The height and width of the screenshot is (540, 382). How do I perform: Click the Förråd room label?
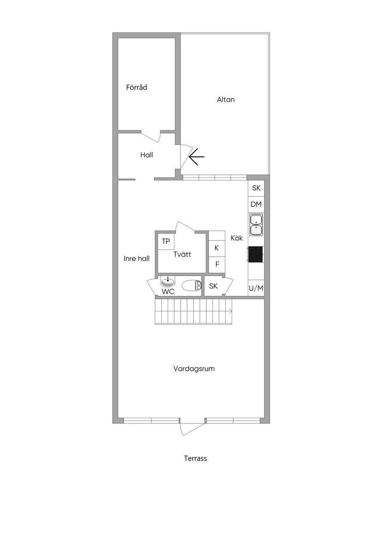pos(136,87)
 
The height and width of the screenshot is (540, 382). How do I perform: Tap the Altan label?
pos(226,100)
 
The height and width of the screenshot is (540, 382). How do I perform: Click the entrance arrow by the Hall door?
pos(197,157)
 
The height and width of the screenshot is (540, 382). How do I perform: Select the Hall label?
pos(147,155)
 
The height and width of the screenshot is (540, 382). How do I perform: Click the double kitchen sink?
pos(256,225)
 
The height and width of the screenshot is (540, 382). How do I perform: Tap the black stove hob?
pos(256,254)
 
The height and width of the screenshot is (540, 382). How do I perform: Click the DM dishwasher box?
pos(256,205)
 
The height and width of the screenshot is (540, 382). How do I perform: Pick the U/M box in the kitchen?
pos(256,288)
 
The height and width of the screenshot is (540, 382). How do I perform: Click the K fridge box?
pos(217,248)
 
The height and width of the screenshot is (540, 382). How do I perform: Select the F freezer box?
pos(217,265)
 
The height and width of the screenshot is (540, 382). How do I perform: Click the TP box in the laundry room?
pos(166,241)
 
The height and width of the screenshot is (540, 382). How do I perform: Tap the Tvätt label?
pos(182,254)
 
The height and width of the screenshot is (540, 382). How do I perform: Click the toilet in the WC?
pos(192,286)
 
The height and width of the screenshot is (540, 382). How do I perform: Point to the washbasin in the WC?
pos(168,281)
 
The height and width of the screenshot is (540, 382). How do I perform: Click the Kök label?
pos(237,238)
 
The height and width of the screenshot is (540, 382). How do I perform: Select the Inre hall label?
pos(137,259)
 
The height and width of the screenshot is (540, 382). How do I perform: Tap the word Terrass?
pos(195,458)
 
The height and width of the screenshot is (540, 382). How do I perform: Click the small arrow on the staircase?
pos(230,311)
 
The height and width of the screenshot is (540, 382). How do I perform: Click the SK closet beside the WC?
pos(213,286)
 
